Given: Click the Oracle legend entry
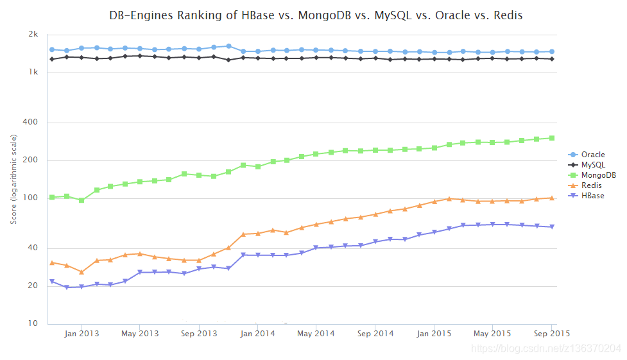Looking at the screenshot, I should click(x=592, y=155).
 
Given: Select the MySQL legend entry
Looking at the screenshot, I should click(x=592, y=165).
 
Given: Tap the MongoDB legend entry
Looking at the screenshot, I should click(x=597, y=175).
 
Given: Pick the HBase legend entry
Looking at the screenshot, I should click(x=592, y=196).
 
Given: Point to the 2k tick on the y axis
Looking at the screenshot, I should click(x=33, y=35).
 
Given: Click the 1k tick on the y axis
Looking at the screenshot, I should click(x=33, y=73).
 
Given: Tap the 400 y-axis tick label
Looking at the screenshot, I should click(x=31, y=123).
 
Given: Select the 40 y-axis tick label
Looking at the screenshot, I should click(x=33, y=248).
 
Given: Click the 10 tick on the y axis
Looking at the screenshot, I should click(x=33, y=323).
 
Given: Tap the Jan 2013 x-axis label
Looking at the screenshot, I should click(x=81, y=334).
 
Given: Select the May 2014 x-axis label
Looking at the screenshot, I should click(x=316, y=334).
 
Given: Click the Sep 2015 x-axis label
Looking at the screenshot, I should click(x=551, y=334).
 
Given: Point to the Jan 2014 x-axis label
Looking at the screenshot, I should click(x=257, y=334).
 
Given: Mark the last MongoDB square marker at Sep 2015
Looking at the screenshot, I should click(x=551, y=138).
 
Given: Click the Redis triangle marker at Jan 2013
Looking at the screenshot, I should click(x=82, y=272).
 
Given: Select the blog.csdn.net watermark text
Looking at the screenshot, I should click(x=545, y=348).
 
